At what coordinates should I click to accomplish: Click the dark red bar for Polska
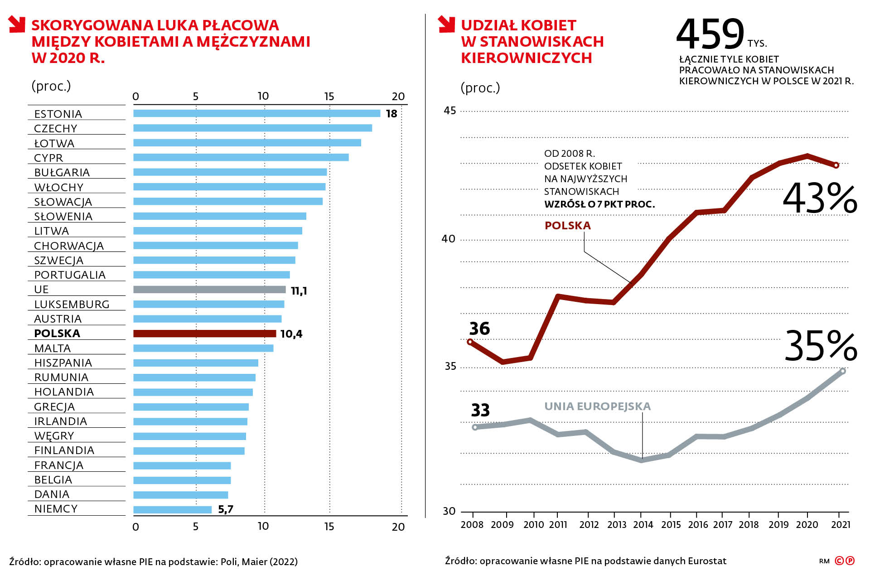pyautogui.click(x=204, y=334)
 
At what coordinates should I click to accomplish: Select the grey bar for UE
pyautogui.click(x=209, y=290)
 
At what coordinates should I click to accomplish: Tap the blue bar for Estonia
pyautogui.click(x=256, y=113)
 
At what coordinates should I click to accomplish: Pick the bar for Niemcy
pyautogui.click(x=172, y=509)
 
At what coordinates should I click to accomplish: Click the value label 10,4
pyautogui.click(x=291, y=334)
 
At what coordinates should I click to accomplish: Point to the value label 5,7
pyautogui.click(x=226, y=509)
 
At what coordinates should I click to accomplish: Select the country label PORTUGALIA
pyautogui.click(x=70, y=275)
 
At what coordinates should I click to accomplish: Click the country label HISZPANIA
pyautogui.click(x=63, y=363)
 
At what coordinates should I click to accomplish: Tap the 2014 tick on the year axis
pyautogui.click(x=643, y=524)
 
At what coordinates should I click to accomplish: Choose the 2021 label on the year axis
pyautogui.click(x=841, y=524)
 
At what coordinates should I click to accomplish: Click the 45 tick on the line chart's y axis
pyautogui.click(x=449, y=111)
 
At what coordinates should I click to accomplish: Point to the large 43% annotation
pyautogui.click(x=820, y=198)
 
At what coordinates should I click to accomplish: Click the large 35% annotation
pyautogui.click(x=821, y=346)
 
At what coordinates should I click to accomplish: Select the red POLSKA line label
pyautogui.click(x=567, y=226)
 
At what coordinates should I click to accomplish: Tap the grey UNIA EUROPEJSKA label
pyautogui.click(x=597, y=406)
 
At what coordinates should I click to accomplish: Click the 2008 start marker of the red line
pyautogui.click(x=470, y=342)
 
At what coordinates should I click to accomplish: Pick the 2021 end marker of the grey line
pyautogui.click(x=843, y=371)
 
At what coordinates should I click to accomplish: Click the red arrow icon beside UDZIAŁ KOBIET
pyautogui.click(x=446, y=24)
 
